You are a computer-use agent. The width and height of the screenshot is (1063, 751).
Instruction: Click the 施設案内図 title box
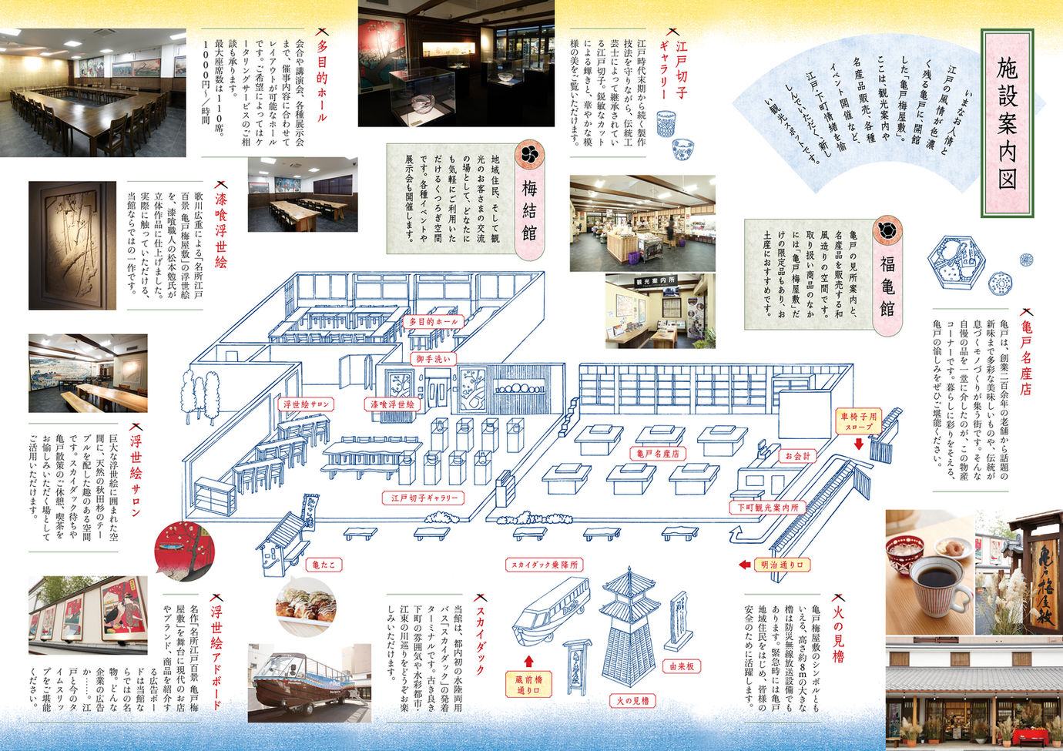coord(1007,123)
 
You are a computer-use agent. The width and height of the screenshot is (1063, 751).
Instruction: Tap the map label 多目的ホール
coord(433,321)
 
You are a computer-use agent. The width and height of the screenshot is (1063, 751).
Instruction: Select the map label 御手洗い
coord(434,359)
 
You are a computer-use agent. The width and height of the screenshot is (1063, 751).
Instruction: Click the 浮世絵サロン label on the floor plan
coord(306,404)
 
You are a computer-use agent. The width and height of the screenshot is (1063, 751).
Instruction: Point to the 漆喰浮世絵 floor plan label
coord(392,404)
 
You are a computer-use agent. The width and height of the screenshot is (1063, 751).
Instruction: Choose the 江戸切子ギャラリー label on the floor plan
coord(424,498)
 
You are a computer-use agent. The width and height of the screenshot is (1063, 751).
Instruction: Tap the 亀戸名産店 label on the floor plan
coord(657,454)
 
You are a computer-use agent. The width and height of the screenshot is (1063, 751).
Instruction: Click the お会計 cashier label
coord(797,456)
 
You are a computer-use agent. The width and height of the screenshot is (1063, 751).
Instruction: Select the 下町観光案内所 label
coord(767,508)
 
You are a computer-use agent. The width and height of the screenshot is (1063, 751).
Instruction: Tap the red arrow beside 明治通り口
coord(744,565)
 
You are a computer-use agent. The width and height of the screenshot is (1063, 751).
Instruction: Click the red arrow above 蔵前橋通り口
coord(528,660)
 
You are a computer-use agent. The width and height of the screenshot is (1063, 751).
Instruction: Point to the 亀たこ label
coord(323,565)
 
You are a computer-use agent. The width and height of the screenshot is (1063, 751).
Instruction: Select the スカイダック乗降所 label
coord(543,565)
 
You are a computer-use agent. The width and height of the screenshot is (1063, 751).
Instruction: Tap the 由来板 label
coord(682,666)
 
